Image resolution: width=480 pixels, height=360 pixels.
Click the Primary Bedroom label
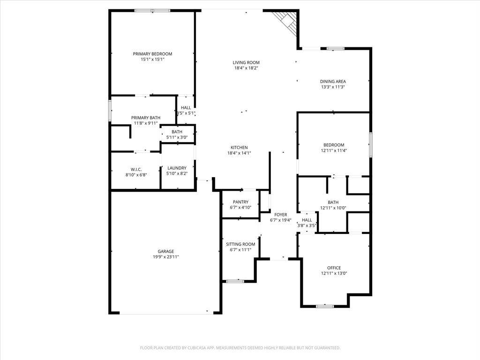click(152, 54)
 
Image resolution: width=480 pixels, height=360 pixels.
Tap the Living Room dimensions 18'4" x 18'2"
click(246, 68)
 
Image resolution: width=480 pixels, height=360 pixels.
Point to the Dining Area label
click(333, 82)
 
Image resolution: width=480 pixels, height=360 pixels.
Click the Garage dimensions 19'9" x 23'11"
click(166, 257)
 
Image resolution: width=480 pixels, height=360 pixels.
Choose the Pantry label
click(240, 202)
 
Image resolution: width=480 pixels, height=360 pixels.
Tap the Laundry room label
click(177, 168)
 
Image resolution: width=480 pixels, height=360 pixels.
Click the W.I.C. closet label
click(136, 170)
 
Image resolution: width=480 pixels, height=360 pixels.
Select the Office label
click(334, 268)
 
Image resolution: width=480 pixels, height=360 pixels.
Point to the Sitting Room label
click(240, 244)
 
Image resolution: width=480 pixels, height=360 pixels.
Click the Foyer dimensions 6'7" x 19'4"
click(281, 220)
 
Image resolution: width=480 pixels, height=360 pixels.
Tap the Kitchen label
click(239, 148)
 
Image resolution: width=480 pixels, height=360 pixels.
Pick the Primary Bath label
click(146, 118)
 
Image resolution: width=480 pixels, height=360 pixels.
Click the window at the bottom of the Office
click(325, 306)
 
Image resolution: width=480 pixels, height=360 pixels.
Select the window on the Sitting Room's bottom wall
click(235, 281)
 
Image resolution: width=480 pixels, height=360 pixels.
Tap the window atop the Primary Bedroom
click(152, 11)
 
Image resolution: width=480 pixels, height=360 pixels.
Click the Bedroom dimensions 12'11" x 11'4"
click(334, 150)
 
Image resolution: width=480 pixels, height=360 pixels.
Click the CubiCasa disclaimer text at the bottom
click(240, 348)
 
